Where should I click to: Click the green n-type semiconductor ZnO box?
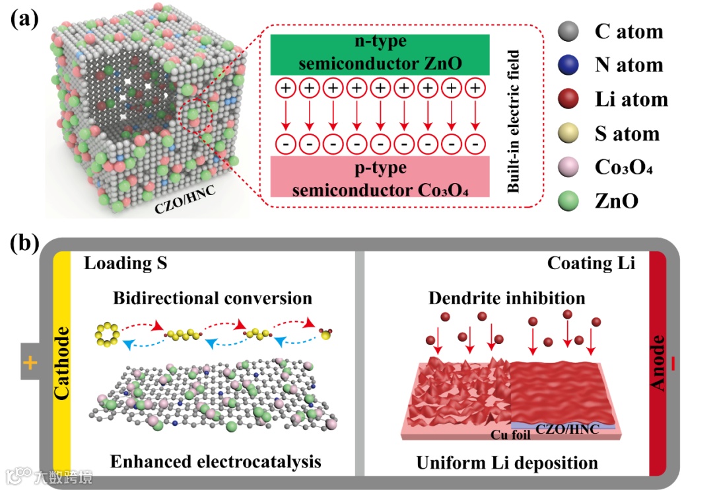(x=380, y=54)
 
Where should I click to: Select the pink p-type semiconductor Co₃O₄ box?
(x=380, y=177)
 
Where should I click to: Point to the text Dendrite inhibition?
(x=506, y=297)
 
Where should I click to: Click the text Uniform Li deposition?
(x=507, y=462)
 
